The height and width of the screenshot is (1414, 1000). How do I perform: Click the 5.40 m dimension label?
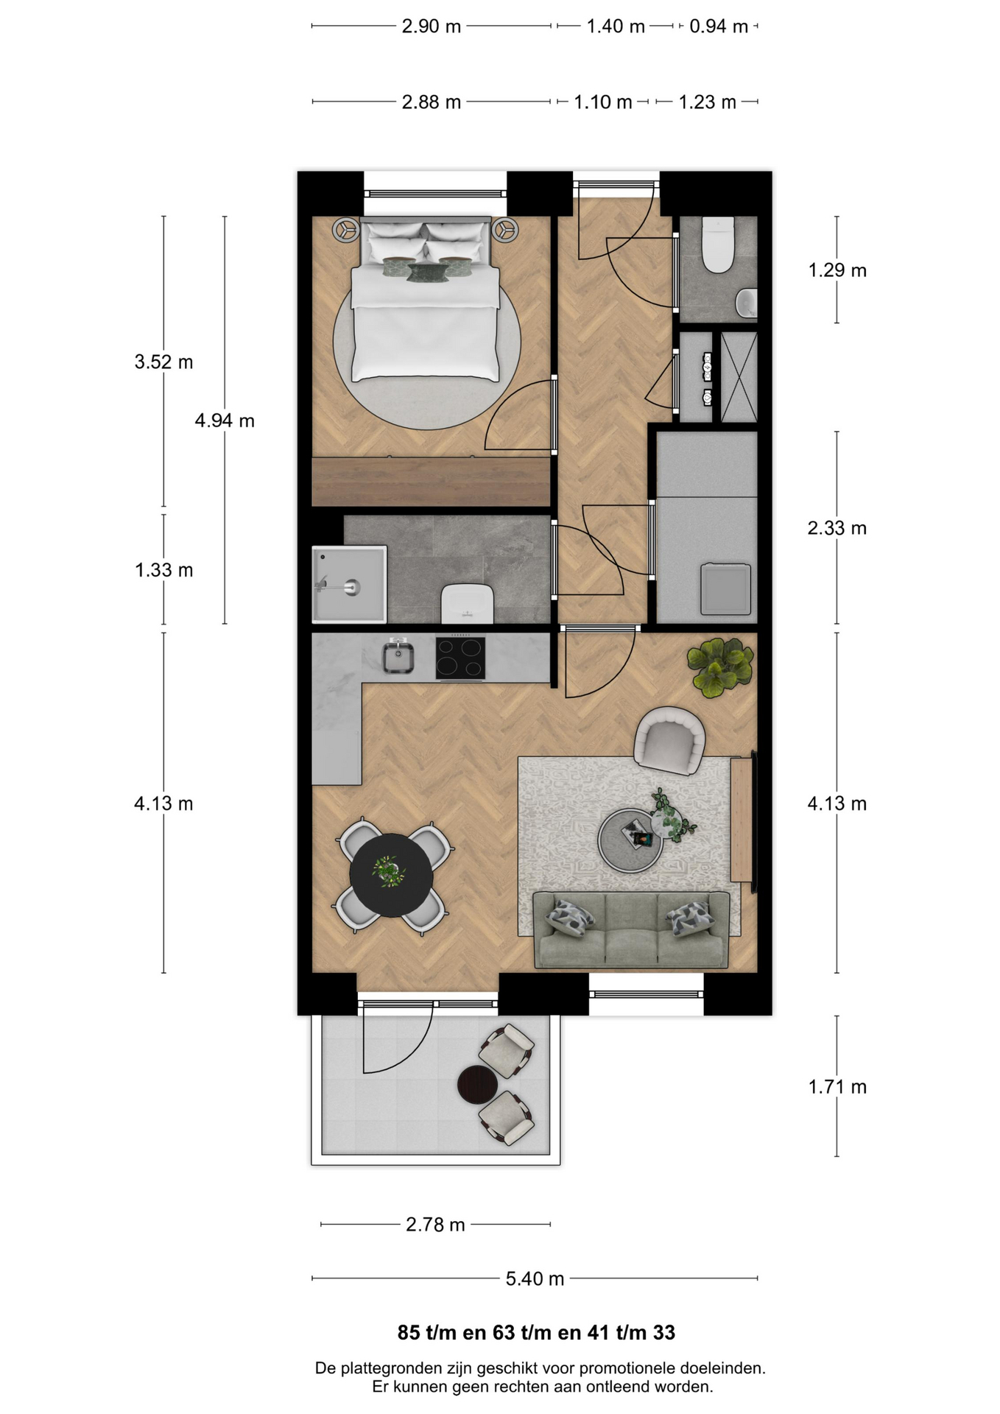click(x=535, y=1278)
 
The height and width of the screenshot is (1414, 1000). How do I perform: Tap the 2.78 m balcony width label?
click(x=435, y=1225)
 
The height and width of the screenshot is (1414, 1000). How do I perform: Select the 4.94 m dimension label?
click(x=225, y=421)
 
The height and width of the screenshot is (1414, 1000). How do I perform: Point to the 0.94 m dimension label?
click(x=719, y=27)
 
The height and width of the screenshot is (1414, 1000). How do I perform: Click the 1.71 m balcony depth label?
click(x=837, y=1087)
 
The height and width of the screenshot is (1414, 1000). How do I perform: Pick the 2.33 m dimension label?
click(x=837, y=528)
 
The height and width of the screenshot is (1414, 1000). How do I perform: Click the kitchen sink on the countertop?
click(x=398, y=656)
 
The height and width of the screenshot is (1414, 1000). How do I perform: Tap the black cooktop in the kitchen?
click(x=460, y=658)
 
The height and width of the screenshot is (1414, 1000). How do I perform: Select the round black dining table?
click(x=391, y=875)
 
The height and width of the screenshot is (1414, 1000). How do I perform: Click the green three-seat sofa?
click(x=631, y=929)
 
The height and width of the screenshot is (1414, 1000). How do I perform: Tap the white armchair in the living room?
click(x=669, y=740)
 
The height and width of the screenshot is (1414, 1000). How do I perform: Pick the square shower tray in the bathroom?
click(x=349, y=584)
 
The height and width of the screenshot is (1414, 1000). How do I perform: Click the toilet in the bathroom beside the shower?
click(x=467, y=603)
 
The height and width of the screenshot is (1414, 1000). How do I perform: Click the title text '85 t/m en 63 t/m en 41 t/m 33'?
click(x=536, y=1333)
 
